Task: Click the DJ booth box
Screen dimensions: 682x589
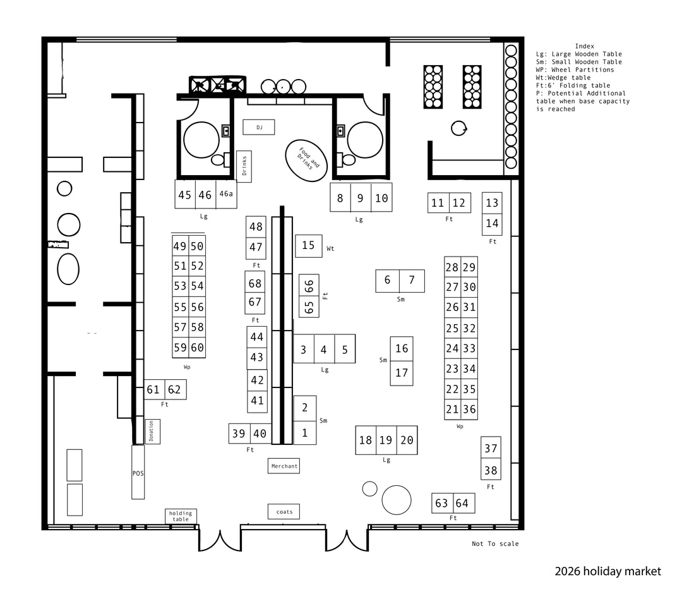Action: [x=259, y=127]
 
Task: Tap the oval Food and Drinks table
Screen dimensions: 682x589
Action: [x=306, y=161]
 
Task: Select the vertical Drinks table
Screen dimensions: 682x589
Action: [x=244, y=166]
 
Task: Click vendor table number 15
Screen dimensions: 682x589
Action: [x=308, y=246]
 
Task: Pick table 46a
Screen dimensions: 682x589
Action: [x=226, y=194]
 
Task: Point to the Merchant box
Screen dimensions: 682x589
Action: [x=284, y=466]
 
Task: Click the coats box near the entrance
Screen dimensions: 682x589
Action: [x=284, y=511]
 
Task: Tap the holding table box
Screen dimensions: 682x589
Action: [x=181, y=516]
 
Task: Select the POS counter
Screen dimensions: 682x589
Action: [x=138, y=472]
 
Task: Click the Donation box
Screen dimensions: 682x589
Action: [x=152, y=432]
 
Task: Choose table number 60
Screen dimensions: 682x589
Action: [x=197, y=348]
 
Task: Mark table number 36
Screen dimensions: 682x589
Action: [x=469, y=410]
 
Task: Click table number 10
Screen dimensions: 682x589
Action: [x=381, y=198]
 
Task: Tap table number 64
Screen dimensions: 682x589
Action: [x=464, y=503]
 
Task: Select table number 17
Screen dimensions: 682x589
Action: [x=402, y=373]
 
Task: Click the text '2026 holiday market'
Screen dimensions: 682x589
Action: [x=607, y=571]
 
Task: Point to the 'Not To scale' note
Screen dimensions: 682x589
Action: [x=495, y=543]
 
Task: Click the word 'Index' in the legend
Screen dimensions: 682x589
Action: [x=585, y=46]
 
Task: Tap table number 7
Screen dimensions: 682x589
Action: [x=412, y=281]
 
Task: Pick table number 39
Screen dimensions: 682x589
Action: [x=239, y=434]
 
